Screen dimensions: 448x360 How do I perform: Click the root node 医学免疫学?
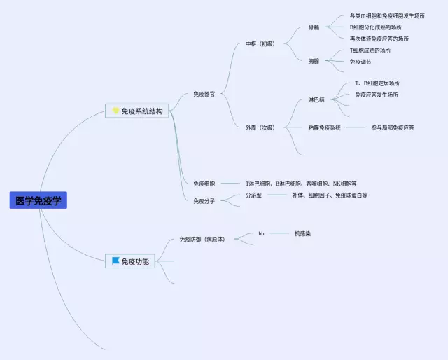(38, 200)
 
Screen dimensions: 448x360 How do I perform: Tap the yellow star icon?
(115, 111)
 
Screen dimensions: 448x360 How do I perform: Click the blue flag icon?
(115, 261)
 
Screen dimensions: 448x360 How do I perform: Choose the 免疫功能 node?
(134, 261)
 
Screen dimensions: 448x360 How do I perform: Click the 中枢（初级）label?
(260, 43)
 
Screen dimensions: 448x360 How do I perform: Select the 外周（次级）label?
(260, 127)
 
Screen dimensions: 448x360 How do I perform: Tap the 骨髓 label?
(314, 27)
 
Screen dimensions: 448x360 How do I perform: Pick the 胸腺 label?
(314, 61)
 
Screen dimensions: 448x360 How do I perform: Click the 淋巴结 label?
(316, 99)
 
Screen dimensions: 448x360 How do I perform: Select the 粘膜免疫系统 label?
(324, 127)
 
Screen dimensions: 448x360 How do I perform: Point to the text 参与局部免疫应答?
(392, 127)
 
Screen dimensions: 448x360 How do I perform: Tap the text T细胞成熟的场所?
(370, 50)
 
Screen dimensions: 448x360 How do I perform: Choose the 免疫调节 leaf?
(361, 62)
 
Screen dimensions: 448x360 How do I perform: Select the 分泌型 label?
(253, 195)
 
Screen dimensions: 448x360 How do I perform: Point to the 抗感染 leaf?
(303, 233)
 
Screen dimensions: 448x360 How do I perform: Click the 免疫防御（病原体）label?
(202, 239)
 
